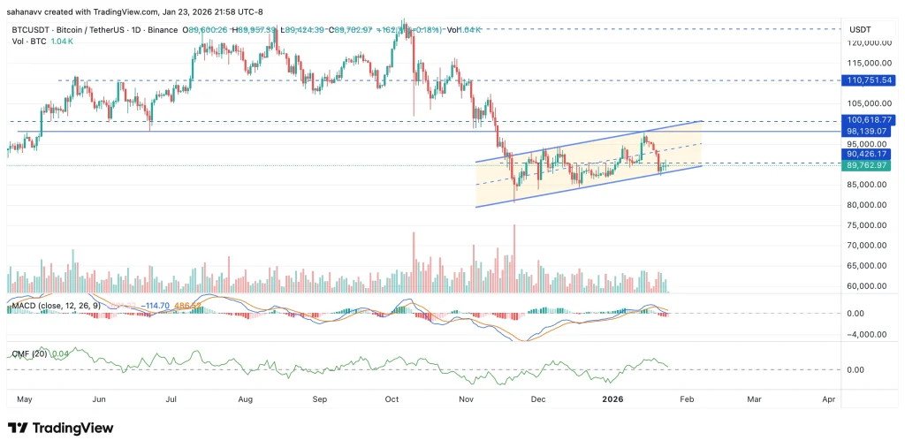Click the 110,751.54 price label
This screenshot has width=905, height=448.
click(x=870, y=80)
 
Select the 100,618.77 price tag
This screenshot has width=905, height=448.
click(x=870, y=120)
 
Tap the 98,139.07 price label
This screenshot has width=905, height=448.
click(x=870, y=132)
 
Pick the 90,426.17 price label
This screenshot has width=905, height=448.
click(x=870, y=154)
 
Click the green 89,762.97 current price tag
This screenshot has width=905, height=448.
click(x=870, y=164)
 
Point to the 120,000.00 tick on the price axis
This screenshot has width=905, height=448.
click(x=865, y=42)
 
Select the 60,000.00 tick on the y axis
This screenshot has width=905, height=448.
click(x=867, y=286)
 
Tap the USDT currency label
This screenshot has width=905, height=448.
click(x=861, y=29)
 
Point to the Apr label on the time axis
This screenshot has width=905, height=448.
click(x=828, y=399)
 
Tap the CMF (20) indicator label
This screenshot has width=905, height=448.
click(x=29, y=353)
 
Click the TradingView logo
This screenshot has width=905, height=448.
click(x=60, y=429)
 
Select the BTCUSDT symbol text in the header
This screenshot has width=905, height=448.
click(x=33, y=30)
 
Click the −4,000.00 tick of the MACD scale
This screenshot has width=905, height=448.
click(x=867, y=334)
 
